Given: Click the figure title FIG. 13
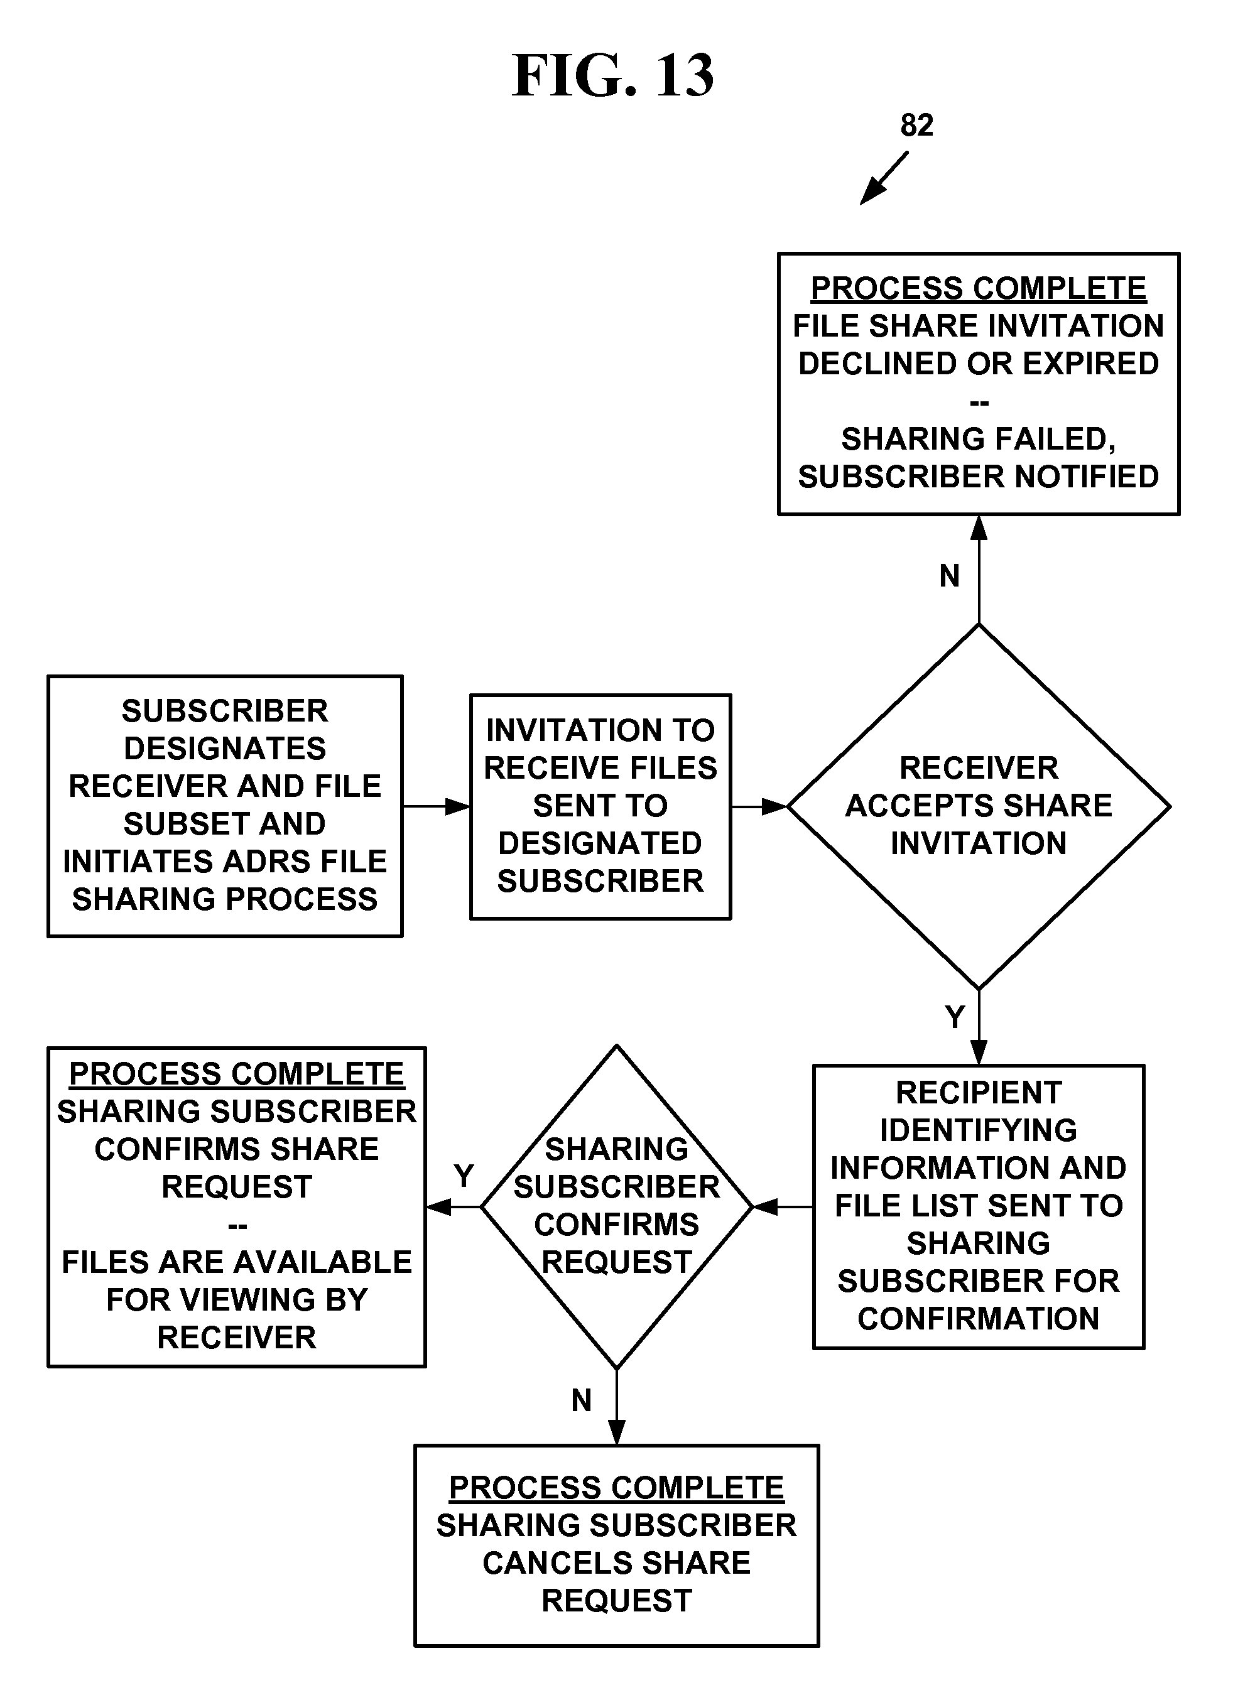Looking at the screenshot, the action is (613, 76).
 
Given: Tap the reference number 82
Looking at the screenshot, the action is (916, 126).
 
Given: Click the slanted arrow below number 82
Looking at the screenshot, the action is (884, 178).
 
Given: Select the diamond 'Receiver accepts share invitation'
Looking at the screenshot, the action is (978, 806).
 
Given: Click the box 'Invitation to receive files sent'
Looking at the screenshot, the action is (600, 806).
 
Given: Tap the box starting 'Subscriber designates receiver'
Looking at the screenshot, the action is (225, 806).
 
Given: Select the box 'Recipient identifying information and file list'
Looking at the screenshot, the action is (978, 1206).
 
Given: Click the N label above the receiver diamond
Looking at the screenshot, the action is (950, 576).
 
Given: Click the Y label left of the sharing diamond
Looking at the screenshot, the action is (464, 1176).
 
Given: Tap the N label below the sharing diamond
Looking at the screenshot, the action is (581, 1400).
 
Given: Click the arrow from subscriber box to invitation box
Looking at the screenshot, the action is (436, 806).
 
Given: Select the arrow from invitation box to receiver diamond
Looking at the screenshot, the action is (759, 806).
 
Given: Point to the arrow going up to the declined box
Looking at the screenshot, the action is (978, 570).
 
